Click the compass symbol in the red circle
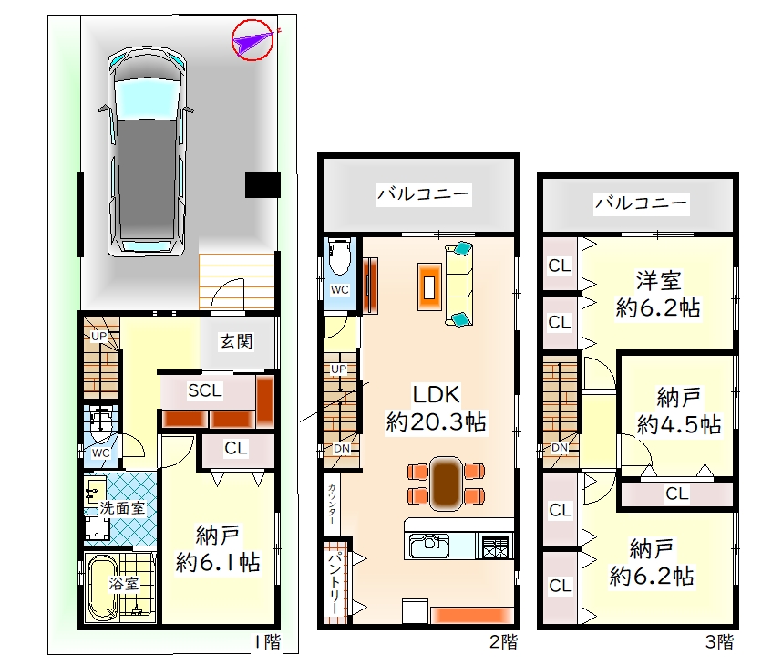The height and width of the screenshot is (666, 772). click(x=252, y=40)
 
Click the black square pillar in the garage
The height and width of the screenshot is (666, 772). click(x=262, y=185)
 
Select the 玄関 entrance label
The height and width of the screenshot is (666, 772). click(x=236, y=340)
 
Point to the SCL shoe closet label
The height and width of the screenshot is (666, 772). click(x=205, y=390)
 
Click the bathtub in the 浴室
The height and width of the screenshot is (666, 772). click(x=102, y=588)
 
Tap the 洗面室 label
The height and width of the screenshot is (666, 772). click(x=122, y=508)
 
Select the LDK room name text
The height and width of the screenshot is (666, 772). click(x=437, y=394)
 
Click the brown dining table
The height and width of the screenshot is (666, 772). click(x=446, y=484)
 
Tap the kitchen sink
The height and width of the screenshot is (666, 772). click(x=428, y=546)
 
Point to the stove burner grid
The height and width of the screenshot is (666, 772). click(x=495, y=546)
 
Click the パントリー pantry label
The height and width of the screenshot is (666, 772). click(x=335, y=583)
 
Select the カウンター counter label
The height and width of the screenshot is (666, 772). click(x=332, y=504)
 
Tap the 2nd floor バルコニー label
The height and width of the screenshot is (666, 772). click(x=424, y=193)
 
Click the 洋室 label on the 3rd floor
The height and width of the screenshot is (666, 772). click(x=658, y=280)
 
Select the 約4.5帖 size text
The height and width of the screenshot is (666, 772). click(x=679, y=424)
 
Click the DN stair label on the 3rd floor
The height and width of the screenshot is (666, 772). click(x=560, y=448)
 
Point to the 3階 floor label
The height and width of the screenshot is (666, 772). click(x=720, y=641)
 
